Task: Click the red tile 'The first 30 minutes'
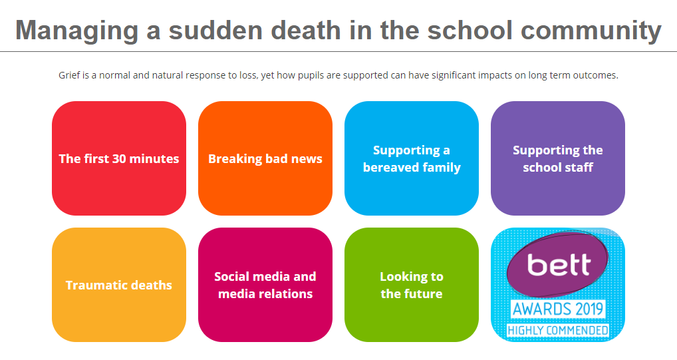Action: [x=119, y=158]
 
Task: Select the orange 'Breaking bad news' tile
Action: [x=265, y=158]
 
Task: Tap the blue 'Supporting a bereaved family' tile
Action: [x=412, y=158]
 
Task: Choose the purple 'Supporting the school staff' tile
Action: [x=558, y=158]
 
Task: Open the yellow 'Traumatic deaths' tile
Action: [x=119, y=285]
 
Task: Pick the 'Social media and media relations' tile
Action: [x=265, y=285]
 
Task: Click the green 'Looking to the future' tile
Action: [x=412, y=285]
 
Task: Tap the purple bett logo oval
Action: [x=557, y=264]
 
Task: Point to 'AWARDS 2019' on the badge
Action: [x=558, y=309]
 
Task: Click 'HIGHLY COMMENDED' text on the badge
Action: [x=558, y=331]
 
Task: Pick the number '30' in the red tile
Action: [x=119, y=158]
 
